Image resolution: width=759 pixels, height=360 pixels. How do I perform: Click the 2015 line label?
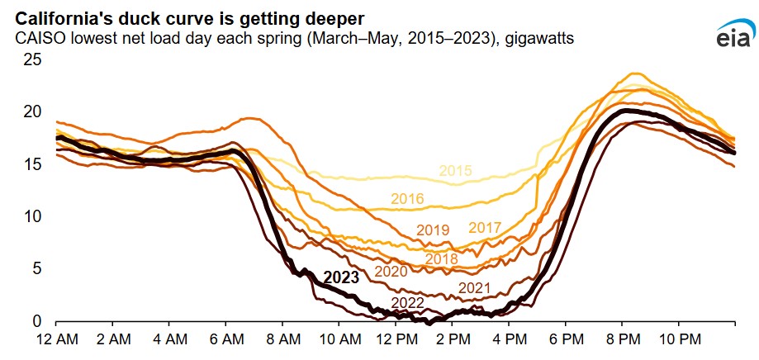pyautogui.click(x=455, y=171)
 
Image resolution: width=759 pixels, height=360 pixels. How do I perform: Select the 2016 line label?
pyautogui.click(x=407, y=199)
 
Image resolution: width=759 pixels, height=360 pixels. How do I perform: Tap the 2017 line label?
pyautogui.click(x=485, y=227)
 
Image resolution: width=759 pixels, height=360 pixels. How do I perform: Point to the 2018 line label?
pyautogui.click(x=442, y=259)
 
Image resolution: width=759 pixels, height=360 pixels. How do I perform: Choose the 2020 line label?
pyautogui.click(x=391, y=271)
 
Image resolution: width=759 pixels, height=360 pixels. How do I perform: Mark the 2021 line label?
pyautogui.click(x=475, y=288)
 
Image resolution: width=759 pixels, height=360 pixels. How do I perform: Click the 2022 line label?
pyautogui.click(x=407, y=303)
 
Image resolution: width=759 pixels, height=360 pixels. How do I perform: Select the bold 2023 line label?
pyautogui.click(x=341, y=277)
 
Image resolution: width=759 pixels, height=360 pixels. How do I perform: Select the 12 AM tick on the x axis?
pyautogui.click(x=56, y=339)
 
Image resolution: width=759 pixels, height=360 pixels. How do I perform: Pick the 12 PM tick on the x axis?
pyautogui.click(x=396, y=339)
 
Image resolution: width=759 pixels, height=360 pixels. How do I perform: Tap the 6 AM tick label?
pyautogui.click(x=226, y=339)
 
